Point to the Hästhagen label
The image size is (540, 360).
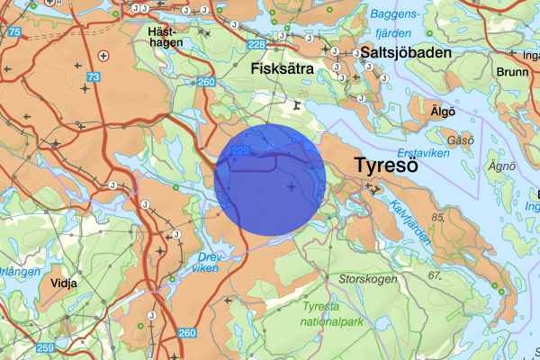pos(166,36)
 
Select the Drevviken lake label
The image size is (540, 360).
pos(207,261)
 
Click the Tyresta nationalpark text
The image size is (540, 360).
pos(334,313)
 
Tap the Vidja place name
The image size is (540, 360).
pos(66,282)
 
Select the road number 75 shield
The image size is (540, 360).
pos(13,32)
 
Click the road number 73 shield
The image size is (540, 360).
pos(94,77)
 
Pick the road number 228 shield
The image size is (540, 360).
pos(257,45)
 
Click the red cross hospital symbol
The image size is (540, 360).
pos(103,55)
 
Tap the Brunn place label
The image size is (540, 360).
pos(513,71)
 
